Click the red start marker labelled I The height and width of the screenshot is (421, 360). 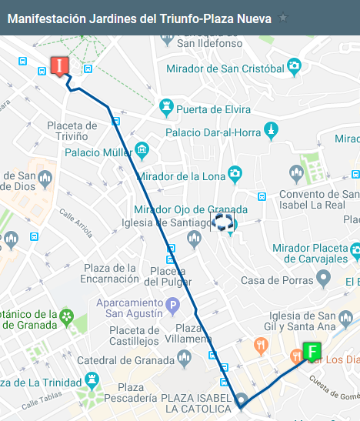[x=58, y=66]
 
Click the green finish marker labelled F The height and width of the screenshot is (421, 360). [x=312, y=353]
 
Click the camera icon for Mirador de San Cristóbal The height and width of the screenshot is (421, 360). [x=294, y=68]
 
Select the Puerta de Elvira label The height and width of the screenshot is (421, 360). [x=214, y=109]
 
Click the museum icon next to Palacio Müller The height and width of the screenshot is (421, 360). [x=142, y=149]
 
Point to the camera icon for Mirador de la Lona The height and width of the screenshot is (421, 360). [x=235, y=175]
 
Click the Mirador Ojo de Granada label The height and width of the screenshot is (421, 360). [x=191, y=209]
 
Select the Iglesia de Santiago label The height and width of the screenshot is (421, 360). [x=162, y=223]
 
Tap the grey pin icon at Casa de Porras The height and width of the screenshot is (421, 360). [x=325, y=276]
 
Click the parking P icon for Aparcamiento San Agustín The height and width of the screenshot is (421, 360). [x=173, y=306]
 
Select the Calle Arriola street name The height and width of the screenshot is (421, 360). [x=78, y=224]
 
